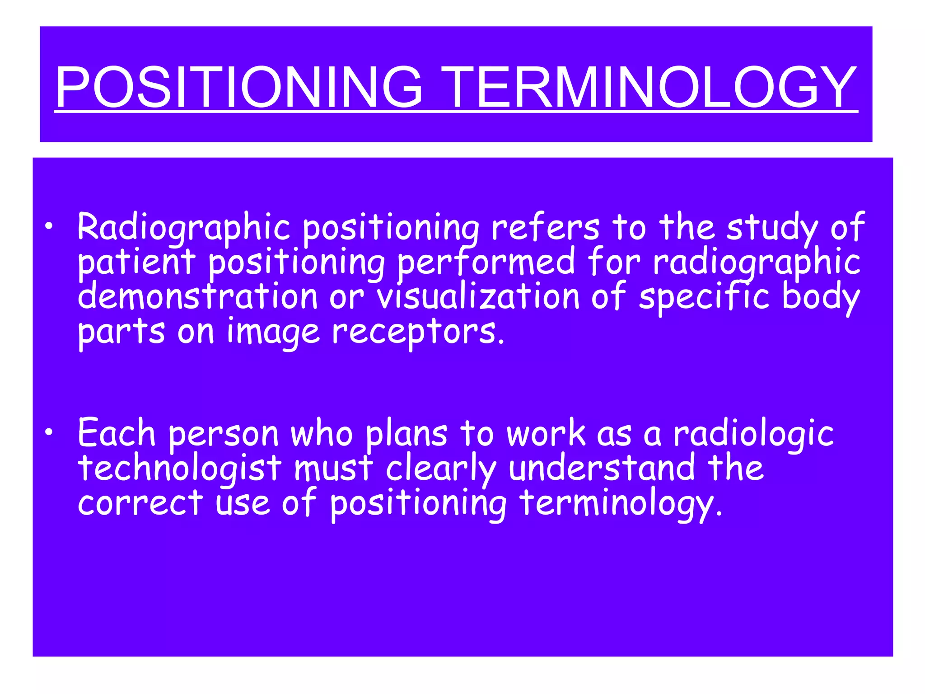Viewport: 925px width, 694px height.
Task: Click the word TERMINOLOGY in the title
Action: [648, 87]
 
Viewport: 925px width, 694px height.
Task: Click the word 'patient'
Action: [136, 263]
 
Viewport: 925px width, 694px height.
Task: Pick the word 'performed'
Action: [486, 263]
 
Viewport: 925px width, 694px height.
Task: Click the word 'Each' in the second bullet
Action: [117, 433]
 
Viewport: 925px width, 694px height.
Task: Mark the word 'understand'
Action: [602, 468]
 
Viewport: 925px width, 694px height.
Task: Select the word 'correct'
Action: [140, 503]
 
